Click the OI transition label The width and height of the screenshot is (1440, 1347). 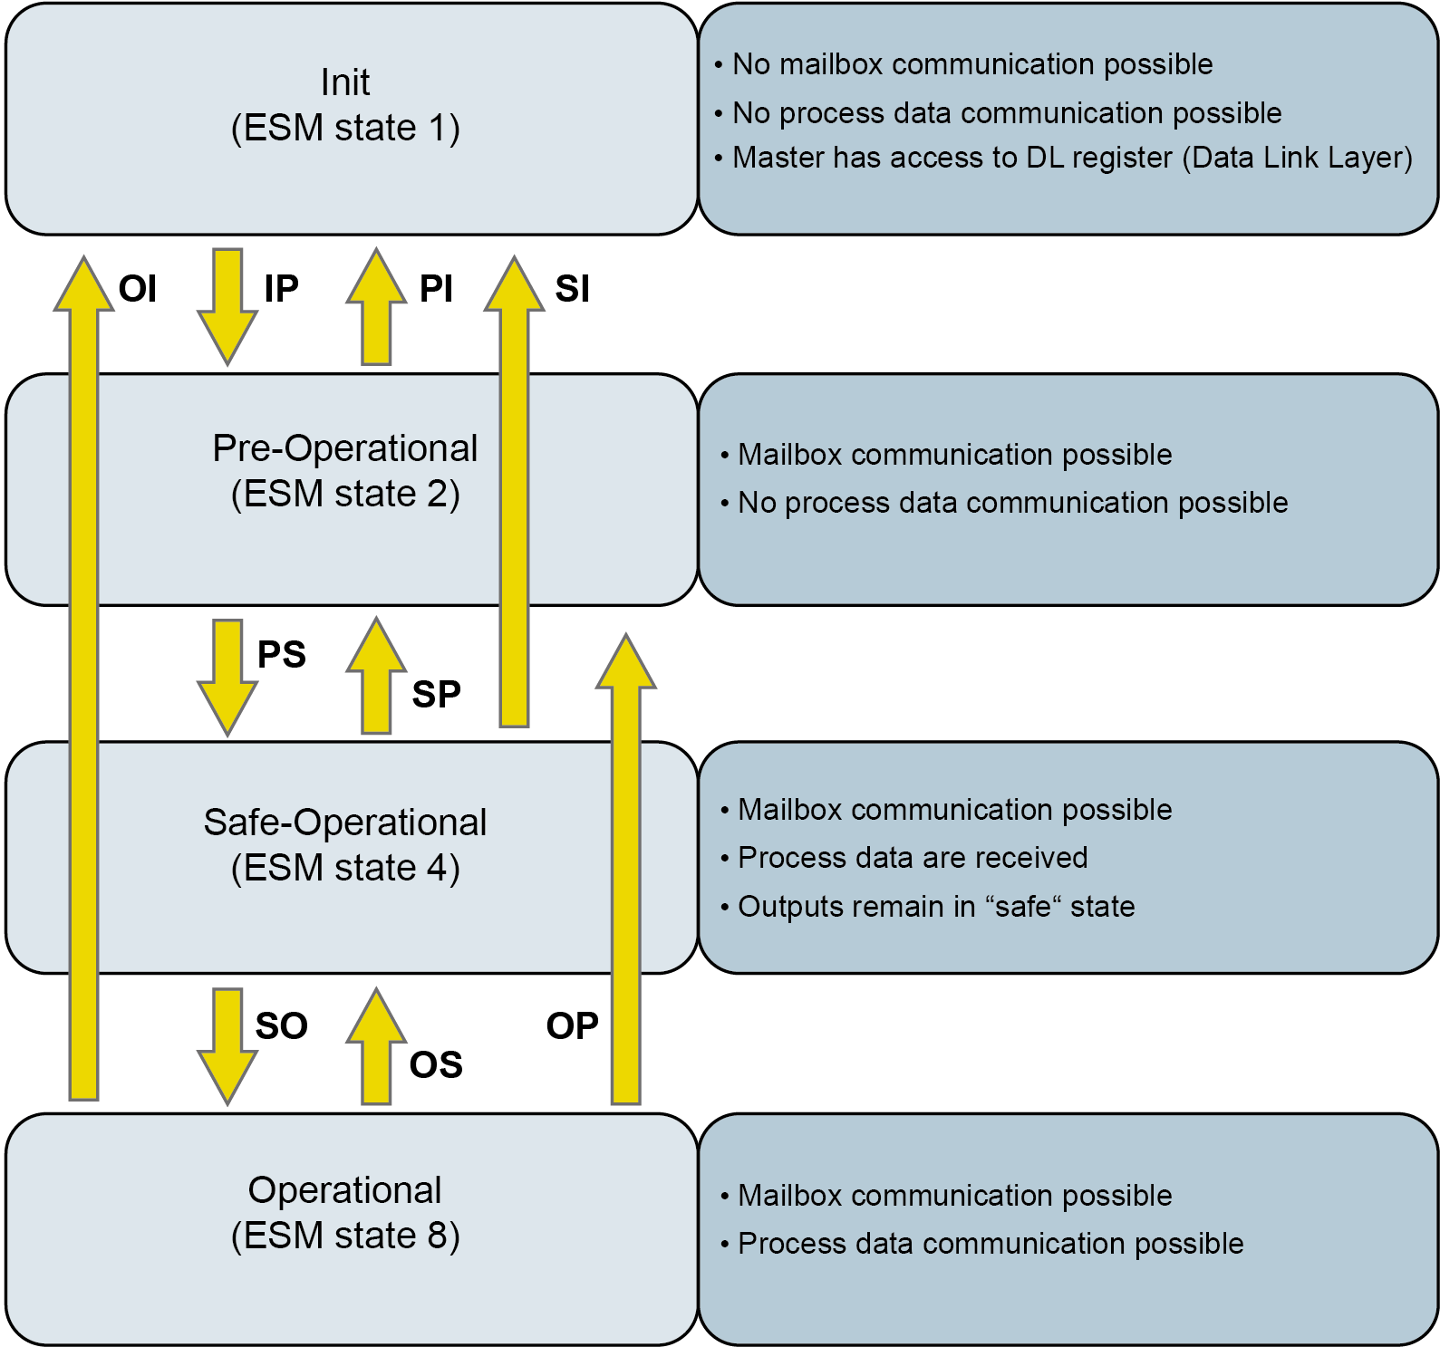(138, 289)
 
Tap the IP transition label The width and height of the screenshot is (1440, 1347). (281, 289)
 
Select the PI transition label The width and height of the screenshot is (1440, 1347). (436, 289)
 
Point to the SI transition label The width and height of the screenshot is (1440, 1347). (572, 289)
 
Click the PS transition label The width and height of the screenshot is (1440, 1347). (282, 654)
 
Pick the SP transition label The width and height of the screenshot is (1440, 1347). (436, 694)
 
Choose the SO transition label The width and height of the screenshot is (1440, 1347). (281, 1025)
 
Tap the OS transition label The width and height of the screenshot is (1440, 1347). (436, 1064)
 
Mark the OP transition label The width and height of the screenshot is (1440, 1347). (572, 1025)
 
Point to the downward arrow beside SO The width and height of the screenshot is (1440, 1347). (227, 1046)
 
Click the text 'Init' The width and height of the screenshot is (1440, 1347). (345, 82)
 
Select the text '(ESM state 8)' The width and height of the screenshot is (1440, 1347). (345, 1236)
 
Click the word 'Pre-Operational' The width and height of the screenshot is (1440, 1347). (345, 448)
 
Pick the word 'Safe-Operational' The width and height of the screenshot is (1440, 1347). (345, 823)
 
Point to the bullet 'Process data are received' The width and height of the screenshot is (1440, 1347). (913, 858)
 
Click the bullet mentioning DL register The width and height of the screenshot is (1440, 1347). (1072, 158)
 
